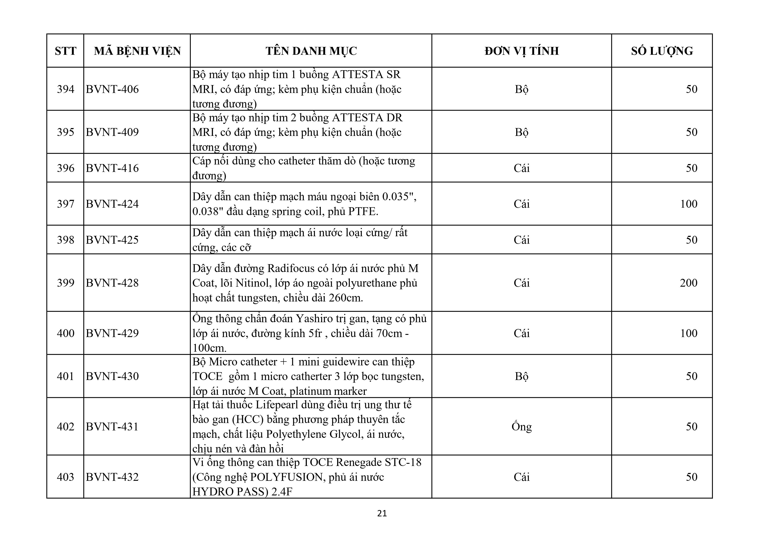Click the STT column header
point(65,51)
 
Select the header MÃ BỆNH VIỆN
point(137,51)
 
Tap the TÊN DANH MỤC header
point(311,51)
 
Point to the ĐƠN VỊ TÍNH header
point(521,51)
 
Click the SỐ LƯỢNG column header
point(662,51)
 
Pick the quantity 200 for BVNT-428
point(688,283)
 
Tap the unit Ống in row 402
point(521,427)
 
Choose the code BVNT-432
point(112,477)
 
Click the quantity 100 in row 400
point(688,333)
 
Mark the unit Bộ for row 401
point(521,376)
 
